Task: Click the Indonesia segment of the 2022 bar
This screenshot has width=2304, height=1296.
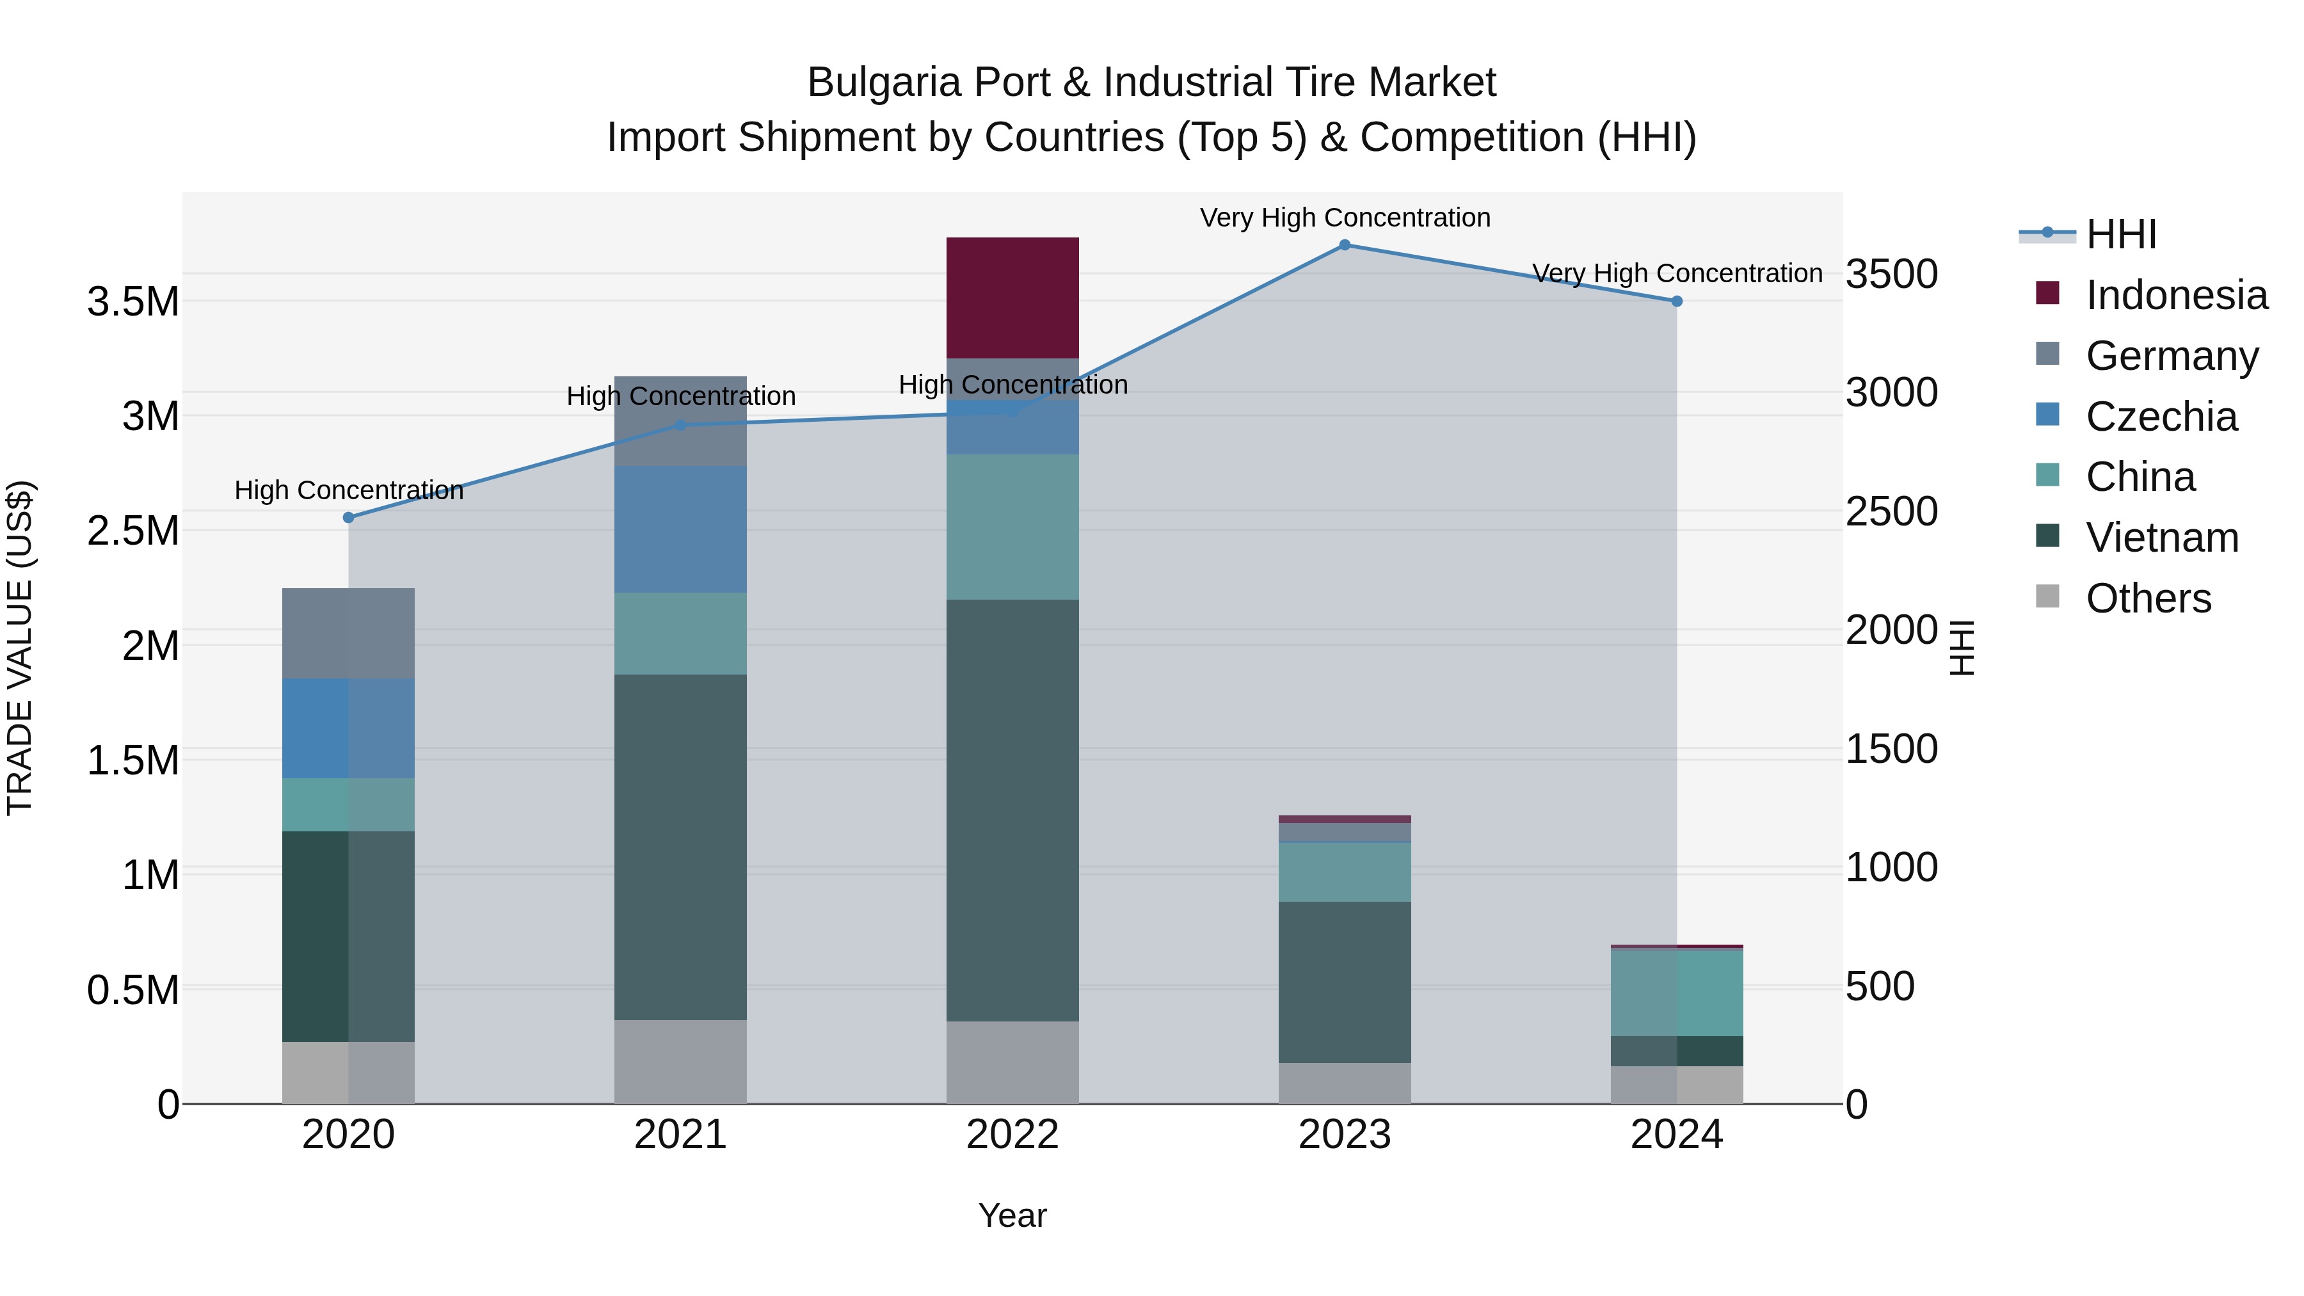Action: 1012,297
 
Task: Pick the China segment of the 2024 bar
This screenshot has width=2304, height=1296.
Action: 1676,992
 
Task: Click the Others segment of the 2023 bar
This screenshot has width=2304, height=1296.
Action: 1344,1082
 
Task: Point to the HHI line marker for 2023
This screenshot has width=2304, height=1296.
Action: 1344,245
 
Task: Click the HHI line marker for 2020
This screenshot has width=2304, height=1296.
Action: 349,518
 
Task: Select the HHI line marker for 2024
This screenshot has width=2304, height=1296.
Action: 1677,301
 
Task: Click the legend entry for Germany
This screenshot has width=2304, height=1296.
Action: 2172,355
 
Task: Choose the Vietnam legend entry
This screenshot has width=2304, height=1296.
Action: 2162,538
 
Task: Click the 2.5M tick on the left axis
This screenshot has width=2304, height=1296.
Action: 132,531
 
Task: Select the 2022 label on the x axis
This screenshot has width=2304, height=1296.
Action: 1012,1135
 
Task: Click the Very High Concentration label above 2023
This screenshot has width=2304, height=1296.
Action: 1344,218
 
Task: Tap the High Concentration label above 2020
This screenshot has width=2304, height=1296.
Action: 349,490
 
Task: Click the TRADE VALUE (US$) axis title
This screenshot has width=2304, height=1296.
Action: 20,648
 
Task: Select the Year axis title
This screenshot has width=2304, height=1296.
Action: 1012,1215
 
